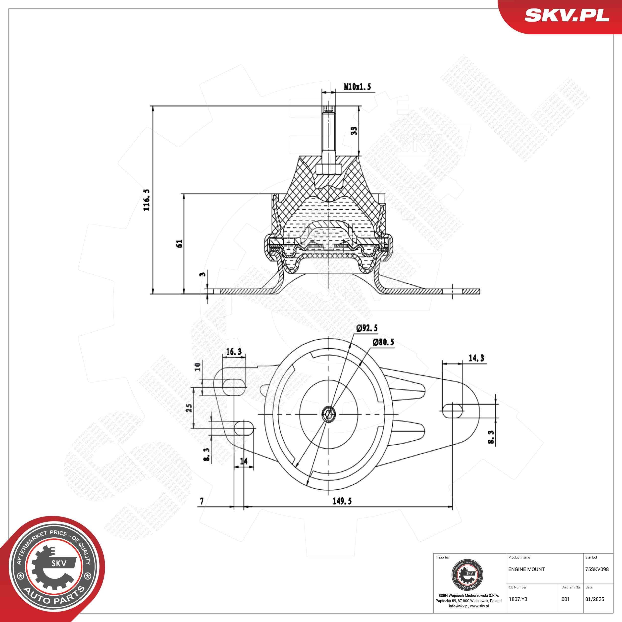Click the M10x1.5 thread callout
click(x=357, y=86)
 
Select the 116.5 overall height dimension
click(x=147, y=200)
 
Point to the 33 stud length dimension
click(x=354, y=131)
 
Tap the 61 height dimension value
click(x=180, y=243)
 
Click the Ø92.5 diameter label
click(x=367, y=328)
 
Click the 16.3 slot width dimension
click(x=234, y=352)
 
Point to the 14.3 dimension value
click(x=476, y=358)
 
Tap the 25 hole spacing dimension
click(x=189, y=408)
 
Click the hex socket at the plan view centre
click(x=328, y=414)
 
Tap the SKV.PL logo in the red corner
click(x=567, y=15)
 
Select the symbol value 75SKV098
click(x=597, y=569)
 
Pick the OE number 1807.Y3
click(x=518, y=599)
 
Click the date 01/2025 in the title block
click(x=595, y=599)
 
